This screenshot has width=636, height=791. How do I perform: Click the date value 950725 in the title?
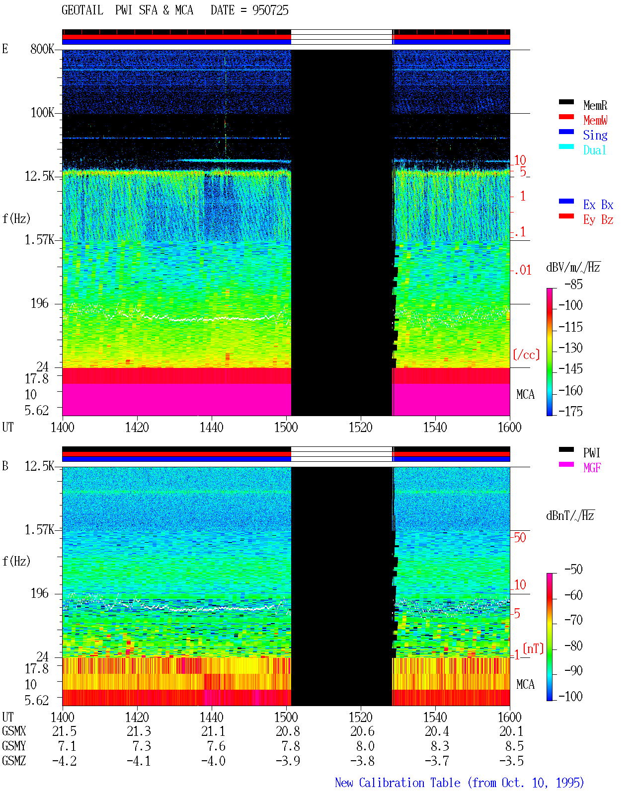click(x=270, y=10)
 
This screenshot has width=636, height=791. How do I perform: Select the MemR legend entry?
click(x=595, y=105)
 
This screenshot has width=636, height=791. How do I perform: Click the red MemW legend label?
click(x=595, y=120)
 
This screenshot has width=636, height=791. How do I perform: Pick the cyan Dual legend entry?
click(x=594, y=150)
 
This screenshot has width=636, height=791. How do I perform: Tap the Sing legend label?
click(x=595, y=135)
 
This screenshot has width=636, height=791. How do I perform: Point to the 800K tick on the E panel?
click(x=42, y=49)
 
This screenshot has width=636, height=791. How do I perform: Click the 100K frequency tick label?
click(x=42, y=113)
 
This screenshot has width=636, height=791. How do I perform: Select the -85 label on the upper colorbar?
click(x=573, y=284)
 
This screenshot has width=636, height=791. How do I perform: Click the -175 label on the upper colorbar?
click(x=570, y=411)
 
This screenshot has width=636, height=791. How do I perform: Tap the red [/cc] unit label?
click(x=526, y=355)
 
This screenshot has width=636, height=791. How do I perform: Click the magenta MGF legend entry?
click(x=592, y=468)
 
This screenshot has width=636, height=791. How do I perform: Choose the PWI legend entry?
click(x=591, y=453)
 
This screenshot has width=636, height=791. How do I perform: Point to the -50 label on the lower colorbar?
click(x=573, y=570)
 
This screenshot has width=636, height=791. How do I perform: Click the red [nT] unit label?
click(x=533, y=648)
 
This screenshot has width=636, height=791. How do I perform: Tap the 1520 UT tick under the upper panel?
click(x=361, y=428)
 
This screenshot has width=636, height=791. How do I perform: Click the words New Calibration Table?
click(x=397, y=783)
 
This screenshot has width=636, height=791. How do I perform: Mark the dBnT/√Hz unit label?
click(x=570, y=516)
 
